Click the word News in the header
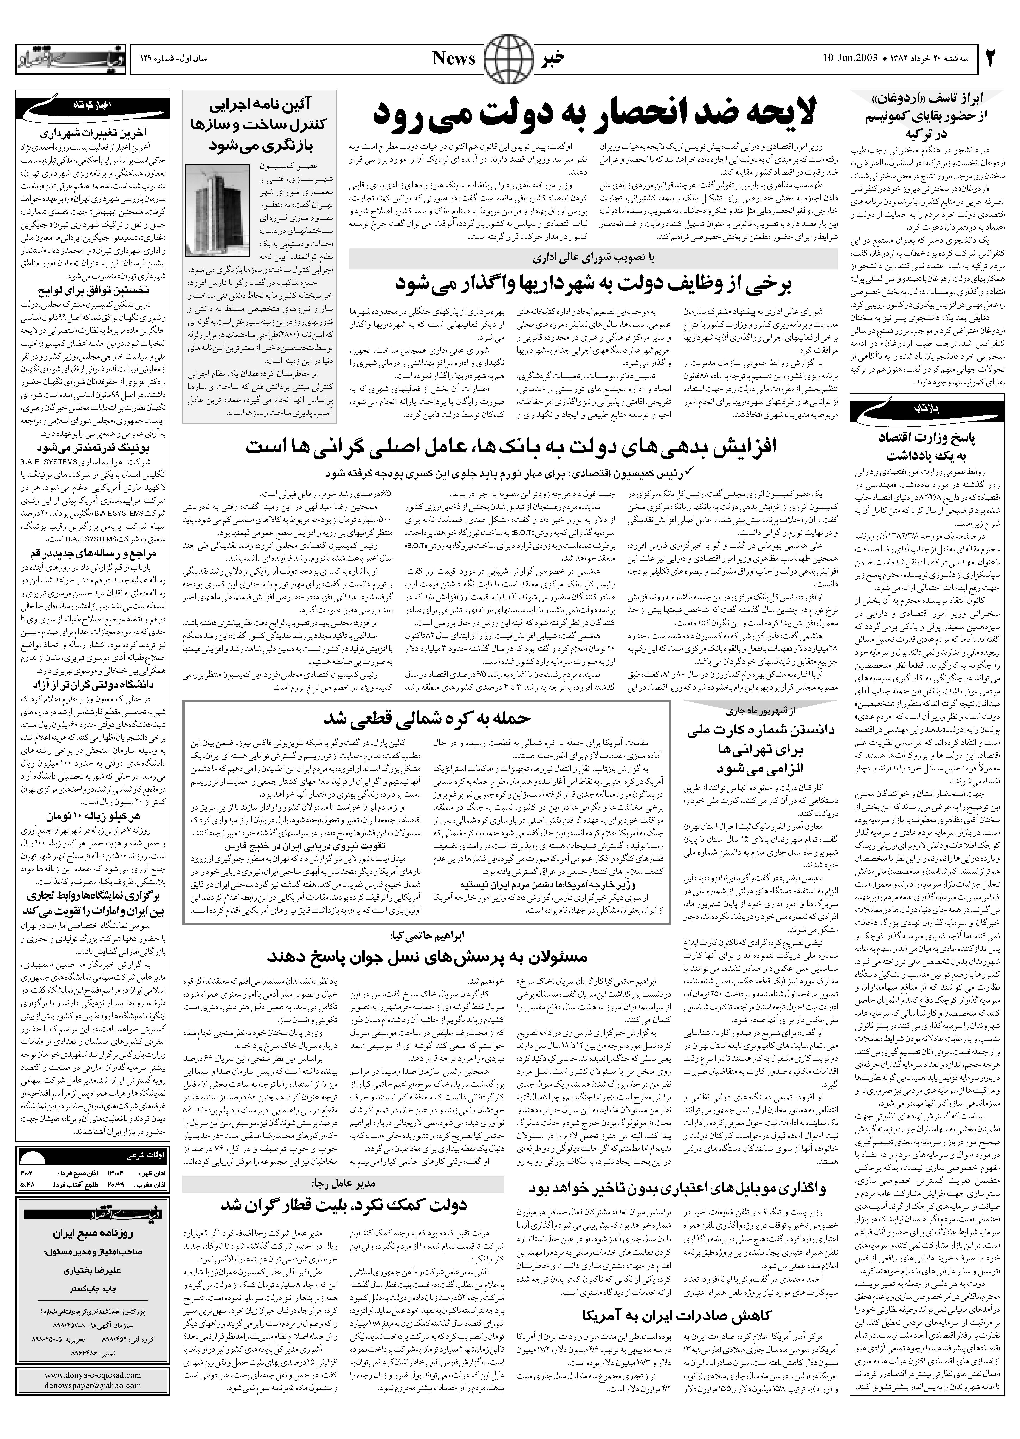click(454, 59)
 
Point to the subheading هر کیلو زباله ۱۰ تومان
click(94, 816)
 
